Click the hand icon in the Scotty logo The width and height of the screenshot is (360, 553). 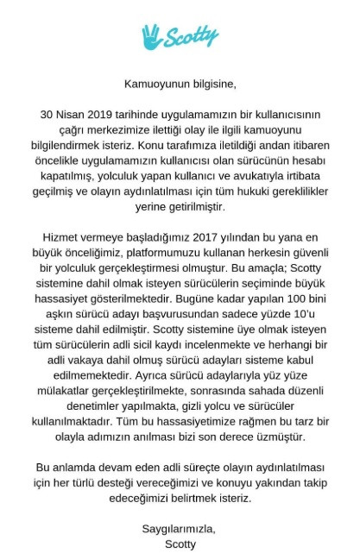pos(153,35)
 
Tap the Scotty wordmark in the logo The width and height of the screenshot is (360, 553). pos(192,36)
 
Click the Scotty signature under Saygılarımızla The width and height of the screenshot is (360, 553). pos(180,544)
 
